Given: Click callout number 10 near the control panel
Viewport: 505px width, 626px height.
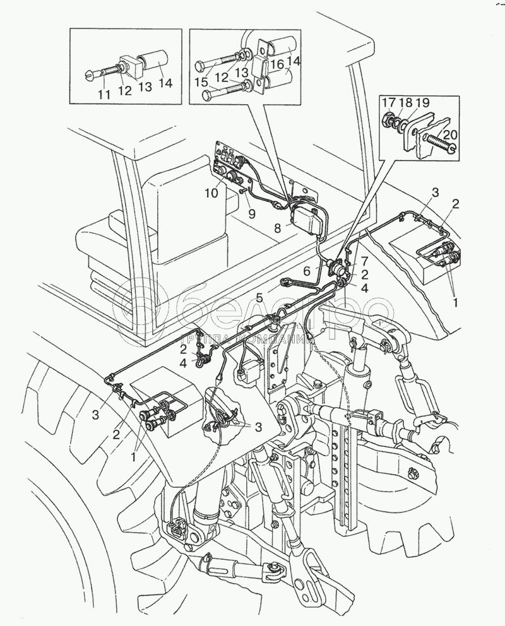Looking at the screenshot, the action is pos(211,193).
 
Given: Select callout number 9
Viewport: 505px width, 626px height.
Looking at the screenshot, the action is pos(251,214).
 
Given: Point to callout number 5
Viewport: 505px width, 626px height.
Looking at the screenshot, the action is pos(260,298).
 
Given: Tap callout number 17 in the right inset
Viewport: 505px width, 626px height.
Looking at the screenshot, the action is pos(389,103).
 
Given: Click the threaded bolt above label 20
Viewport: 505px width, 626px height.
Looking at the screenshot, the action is pos(440,143).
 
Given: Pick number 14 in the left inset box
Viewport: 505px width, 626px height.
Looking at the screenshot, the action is pos(165,83).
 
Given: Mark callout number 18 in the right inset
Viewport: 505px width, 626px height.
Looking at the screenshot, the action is pos(405,103).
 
